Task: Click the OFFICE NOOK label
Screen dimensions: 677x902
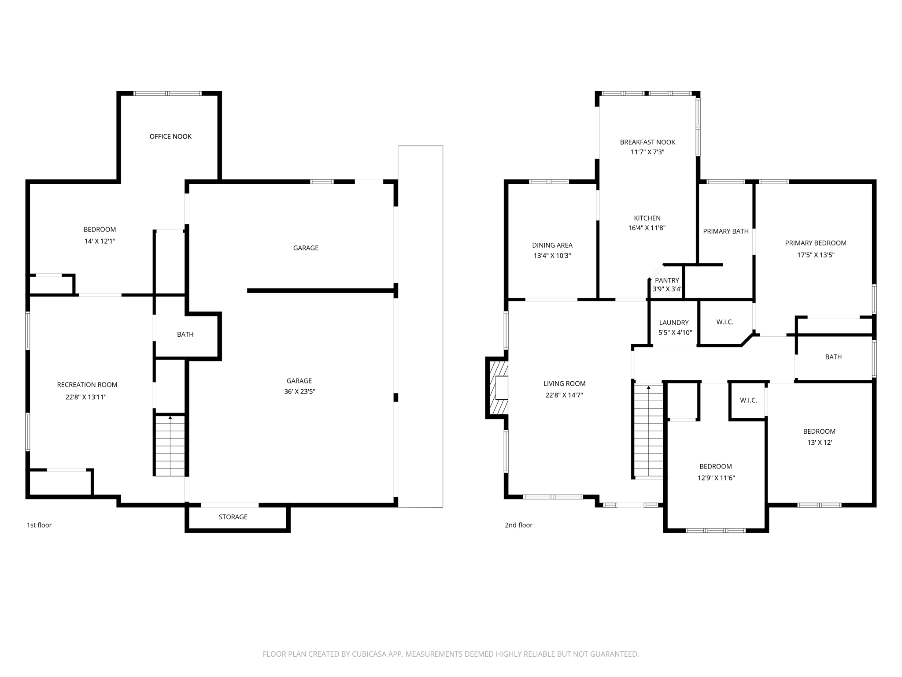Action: [x=170, y=137]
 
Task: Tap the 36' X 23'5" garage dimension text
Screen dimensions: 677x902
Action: [x=299, y=391]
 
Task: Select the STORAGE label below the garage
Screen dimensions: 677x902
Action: [x=233, y=517]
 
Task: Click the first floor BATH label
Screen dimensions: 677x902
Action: [x=185, y=335]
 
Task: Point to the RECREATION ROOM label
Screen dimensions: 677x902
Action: [x=87, y=385]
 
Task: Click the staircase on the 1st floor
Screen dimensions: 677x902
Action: [x=170, y=445]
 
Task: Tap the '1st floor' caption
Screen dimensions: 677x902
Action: [x=39, y=525]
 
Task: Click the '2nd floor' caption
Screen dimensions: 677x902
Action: [x=518, y=525]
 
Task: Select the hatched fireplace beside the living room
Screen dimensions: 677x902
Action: [x=497, y=388]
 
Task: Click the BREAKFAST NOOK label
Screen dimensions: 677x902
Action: [x=647, y=142]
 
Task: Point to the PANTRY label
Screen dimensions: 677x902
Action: [x=667, y=280]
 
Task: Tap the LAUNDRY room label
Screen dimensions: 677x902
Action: [x=674, y=323]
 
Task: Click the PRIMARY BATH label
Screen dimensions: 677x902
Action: [x=725, y=231]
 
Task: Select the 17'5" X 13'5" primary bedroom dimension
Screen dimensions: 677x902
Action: [x=816, y=255]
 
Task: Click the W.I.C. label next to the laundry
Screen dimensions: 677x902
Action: [x=725, y=322]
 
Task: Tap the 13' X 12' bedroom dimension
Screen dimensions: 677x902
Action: [x=819, y=443]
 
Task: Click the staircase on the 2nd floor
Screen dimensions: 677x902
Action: [x=648, y=432]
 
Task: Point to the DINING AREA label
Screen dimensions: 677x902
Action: [x=552, y=246]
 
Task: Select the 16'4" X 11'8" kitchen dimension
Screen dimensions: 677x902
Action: [x=647, y=228]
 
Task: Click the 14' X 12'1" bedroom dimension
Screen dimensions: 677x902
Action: [x=100, y=241]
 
